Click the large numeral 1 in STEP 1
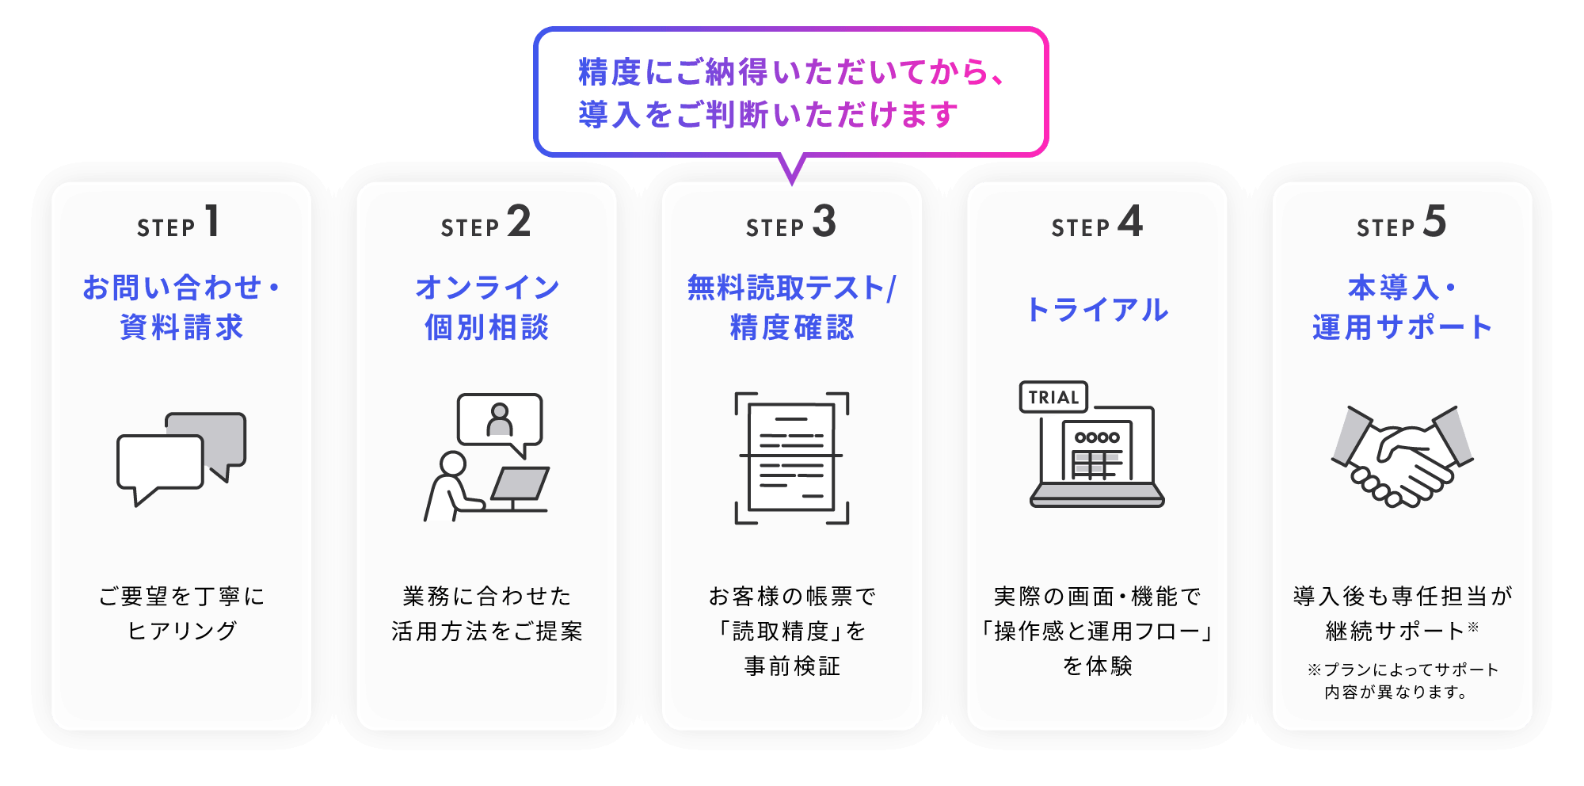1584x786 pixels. point(212,221)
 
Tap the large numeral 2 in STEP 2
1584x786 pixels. point(519,221)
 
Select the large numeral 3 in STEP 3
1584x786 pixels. point(824,221)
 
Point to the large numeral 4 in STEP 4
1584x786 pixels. point(1130,221)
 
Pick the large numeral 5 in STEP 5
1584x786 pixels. point(1434,221)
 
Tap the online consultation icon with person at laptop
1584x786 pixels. point(486,457)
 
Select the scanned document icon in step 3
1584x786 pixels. point(792,458)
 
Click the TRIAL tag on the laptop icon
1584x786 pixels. point(1053,397)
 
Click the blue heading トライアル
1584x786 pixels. point(1097,309)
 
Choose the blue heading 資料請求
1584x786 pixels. point(181,327)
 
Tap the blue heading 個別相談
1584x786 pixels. point(486,327)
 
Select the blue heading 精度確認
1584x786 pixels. point(792,327)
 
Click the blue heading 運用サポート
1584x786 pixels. point(1402,327)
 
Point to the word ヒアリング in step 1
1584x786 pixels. point(181,631)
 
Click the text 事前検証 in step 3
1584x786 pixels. point(792,666)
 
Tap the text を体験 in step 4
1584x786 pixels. point(1097,666)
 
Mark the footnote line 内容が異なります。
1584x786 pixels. point(1396,692)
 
